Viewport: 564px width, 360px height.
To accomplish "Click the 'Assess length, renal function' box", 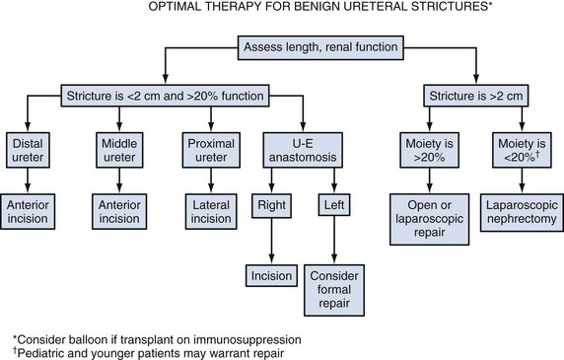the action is pyautogui.click(x=320, y=47).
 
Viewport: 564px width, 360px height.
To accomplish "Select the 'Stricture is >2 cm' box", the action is pyautogui.click(x=476, y=96).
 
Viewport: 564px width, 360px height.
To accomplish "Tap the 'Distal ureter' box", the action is pyautogui.click(x=28, y=150).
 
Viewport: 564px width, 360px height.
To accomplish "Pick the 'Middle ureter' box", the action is pyautogui.click(x=119, y=150).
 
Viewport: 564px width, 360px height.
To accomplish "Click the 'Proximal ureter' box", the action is pyautogui.click(x=211, y=150).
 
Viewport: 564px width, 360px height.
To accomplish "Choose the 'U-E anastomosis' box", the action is pyautogui.click(x=303, y=150).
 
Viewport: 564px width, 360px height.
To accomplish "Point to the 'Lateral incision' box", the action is pyautogui.click(x=211, y=211).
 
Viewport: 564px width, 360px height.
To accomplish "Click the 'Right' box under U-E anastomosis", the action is pyautogui.click(x=271, y=206).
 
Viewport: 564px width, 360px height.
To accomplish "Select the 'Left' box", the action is pyautogui.click(x=334, y=205).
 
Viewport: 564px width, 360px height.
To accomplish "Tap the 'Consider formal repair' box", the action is pyautogui.click(x=334, y=290).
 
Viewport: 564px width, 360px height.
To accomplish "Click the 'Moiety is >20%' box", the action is pyautogui.click(x=430, y=150).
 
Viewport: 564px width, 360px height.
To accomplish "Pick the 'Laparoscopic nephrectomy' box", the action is pyautogui.click(x=522, y=212).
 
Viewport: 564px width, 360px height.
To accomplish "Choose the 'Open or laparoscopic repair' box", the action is pyautogui.click(x=430, y=219).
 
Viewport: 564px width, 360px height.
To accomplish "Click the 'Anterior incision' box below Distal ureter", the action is pyautogui.click(x=28, y=211).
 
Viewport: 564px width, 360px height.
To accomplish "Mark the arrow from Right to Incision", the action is pyautogui.click(x=271, y=242).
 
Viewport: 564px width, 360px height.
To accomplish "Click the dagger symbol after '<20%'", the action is pyautogui.click(x=537, y=154).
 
